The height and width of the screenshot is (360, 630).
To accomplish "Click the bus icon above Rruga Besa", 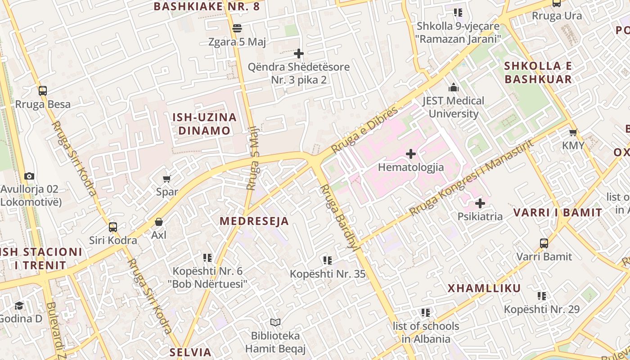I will (x=43, y=91).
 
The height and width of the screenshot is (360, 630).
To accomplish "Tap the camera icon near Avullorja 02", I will (x=29, y=176).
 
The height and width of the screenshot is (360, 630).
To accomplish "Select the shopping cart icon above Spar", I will (x=167, y=179).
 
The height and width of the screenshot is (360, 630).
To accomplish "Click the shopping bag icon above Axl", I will (x=159, y=222).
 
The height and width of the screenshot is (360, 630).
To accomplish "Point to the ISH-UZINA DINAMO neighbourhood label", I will (x=204, y=124).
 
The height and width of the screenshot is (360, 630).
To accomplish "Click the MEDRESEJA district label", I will (x=254, y=221).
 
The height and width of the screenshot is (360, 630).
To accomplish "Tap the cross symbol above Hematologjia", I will (x=410, y=154).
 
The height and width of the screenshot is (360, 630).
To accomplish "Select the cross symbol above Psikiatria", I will (x=480, y=203).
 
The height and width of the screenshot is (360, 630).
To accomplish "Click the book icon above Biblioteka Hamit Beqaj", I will (x=275, y=323).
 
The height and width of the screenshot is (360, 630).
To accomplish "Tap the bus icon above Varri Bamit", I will (x=544, y=243).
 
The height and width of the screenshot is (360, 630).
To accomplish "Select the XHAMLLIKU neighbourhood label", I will (x=484, y=288).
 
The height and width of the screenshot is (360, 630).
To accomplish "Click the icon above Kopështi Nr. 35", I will (x=328, y=260).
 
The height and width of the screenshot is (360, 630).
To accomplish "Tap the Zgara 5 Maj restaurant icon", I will (x=237, y=29).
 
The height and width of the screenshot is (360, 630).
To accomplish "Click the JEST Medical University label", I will (x=453, y=107).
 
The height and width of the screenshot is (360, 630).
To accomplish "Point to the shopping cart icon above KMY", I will (x=573, y=133).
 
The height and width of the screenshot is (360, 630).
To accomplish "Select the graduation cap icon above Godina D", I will (x=19, y=306).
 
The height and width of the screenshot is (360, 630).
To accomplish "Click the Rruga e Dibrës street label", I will (x=365, y=130).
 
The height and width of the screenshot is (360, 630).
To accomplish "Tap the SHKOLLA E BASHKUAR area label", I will (x=538, y=72).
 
